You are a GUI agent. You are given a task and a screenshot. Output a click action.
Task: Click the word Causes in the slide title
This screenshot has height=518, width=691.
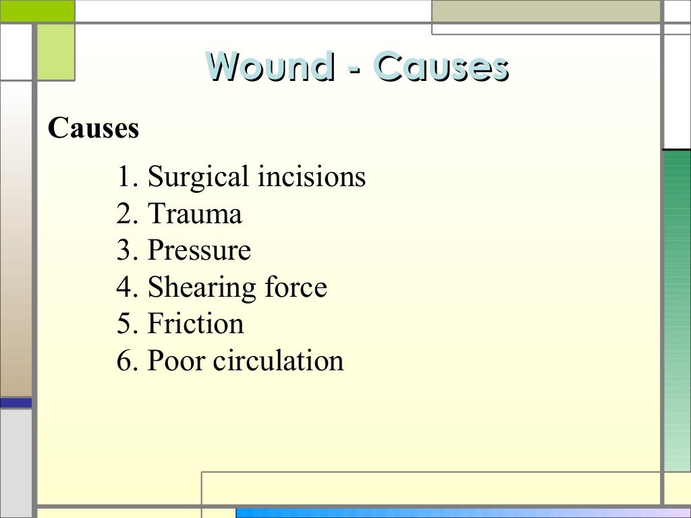(441, 67)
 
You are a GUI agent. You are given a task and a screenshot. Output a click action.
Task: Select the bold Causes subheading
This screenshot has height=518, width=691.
(93, 127)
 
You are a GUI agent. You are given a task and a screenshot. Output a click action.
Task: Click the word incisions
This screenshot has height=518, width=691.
(311, 177)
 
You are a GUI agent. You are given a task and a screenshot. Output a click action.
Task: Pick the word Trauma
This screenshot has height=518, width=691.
(195, 214)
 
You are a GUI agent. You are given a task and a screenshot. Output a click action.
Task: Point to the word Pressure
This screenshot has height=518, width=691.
(199, 250)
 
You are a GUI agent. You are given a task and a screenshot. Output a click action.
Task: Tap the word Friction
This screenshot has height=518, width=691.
(196, 324)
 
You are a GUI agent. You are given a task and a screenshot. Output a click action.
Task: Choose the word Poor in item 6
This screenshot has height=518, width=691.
(176, 360)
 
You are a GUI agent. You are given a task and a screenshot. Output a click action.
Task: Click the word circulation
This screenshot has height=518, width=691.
(279, 360)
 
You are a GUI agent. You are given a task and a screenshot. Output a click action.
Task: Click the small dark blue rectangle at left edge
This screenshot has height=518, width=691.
(16, 403)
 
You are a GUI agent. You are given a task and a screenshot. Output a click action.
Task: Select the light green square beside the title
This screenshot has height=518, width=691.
(55, 52)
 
